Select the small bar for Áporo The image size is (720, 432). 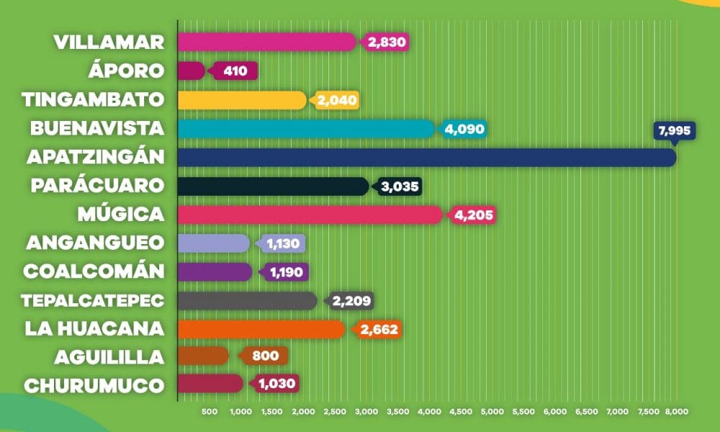click(x=191, y=71)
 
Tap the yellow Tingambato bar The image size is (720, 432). click(x=242, y=99)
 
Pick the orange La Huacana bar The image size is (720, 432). click(x=261, y=329)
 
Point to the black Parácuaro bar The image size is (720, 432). click(x=273, y=186)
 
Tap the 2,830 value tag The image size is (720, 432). click(x=387, y=42)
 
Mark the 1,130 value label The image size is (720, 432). click(x=282, y=243)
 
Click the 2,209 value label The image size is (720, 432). click(x=351, y=300)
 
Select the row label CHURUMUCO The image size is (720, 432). click(x=94, y=385)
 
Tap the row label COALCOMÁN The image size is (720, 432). click(x=94, y=271)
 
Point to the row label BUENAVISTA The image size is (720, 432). click(x=97, y=128)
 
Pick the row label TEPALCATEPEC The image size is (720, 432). click(x=93, y=300)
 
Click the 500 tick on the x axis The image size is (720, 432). click(x=210, y=412)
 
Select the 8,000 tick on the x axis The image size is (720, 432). click(x=676, y=412)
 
